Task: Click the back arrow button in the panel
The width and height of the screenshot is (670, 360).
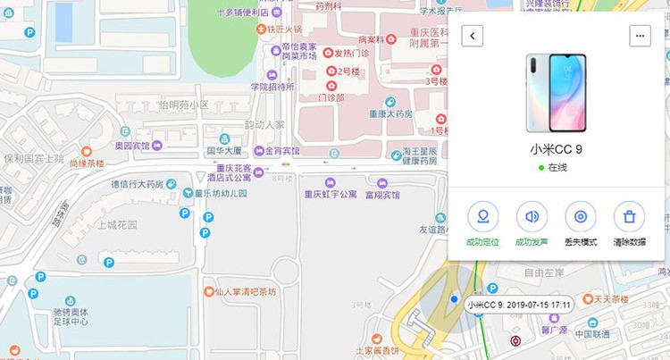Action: (473, 36)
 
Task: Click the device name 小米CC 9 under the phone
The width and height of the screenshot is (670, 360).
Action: (557, 149)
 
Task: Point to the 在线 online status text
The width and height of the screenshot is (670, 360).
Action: (557, 167)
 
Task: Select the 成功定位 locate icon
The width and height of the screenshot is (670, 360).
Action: (483, 217)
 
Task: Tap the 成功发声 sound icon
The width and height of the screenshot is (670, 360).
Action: (532, 217)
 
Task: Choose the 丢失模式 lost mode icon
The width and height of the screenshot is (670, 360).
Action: (581, 217)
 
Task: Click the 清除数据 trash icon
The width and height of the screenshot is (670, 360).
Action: (629, 217)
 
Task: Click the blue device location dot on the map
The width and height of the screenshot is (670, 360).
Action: (455, 299)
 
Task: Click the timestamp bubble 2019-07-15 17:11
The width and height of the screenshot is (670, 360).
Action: (518, 305)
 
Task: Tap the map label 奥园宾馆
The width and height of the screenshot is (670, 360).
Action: (131, 145)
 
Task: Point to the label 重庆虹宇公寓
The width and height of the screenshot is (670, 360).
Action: (330, 194)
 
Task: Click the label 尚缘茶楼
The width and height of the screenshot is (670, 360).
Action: (87, 163)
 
